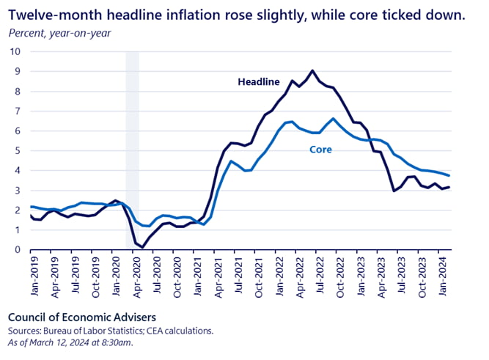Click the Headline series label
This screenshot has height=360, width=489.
258,81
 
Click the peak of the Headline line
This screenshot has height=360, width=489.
313,70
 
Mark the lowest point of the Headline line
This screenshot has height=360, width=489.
142,247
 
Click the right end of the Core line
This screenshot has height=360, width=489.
449,175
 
